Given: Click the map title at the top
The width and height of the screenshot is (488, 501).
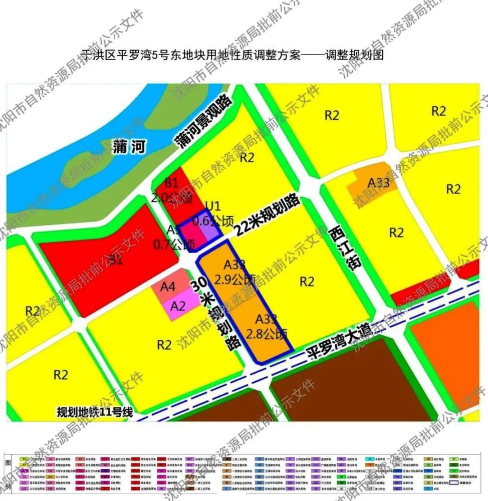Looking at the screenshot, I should pyautogui.click(x=232, y=55).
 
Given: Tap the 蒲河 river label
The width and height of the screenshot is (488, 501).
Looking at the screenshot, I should pyautogui.click(x=128, y=147).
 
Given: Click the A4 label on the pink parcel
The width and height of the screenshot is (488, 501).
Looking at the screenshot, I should pyautogui.click(x=167, y=288).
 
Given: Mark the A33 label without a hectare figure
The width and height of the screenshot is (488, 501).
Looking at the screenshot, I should pyautogui.click(x=378, y=183).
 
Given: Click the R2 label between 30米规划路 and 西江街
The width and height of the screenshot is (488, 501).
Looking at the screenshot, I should pyautogui.click(x=307, y=281).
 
